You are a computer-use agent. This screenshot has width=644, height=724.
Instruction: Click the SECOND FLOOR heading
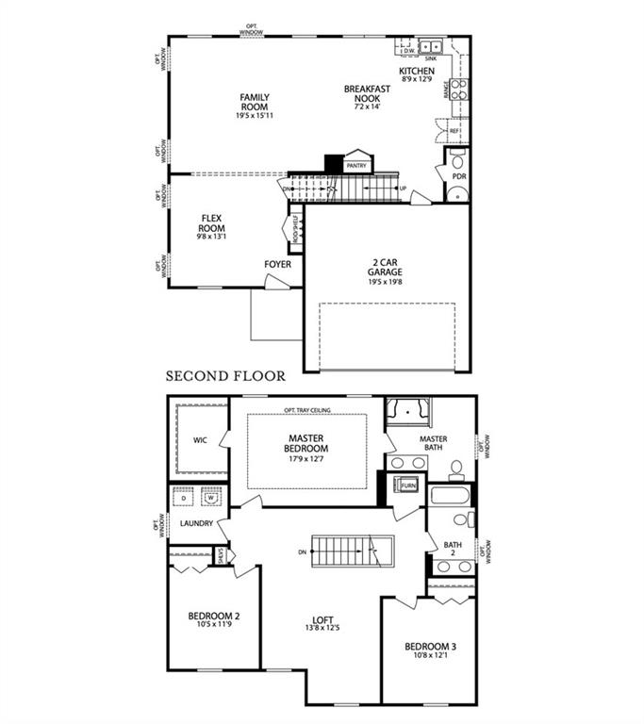coord(225,375)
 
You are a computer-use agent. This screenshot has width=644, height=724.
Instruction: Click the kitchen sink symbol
coord(433,45)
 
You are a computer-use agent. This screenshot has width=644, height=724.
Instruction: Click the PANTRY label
coord(356,166)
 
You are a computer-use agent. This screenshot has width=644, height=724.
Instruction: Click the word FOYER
coord(277,265)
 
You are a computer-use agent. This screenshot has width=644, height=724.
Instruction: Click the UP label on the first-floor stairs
coord(404,189)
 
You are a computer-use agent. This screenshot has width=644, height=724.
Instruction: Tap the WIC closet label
coord(199,440)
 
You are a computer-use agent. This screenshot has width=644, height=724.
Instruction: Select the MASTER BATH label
coord(433,444)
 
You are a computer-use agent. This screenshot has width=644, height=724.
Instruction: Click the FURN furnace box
coord(408,485)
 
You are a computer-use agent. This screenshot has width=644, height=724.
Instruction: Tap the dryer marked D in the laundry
coord(184,497)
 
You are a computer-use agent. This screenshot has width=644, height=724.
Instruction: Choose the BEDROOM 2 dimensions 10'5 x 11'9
coord(214,624)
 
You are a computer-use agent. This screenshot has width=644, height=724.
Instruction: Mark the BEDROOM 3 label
coord(430,647)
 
